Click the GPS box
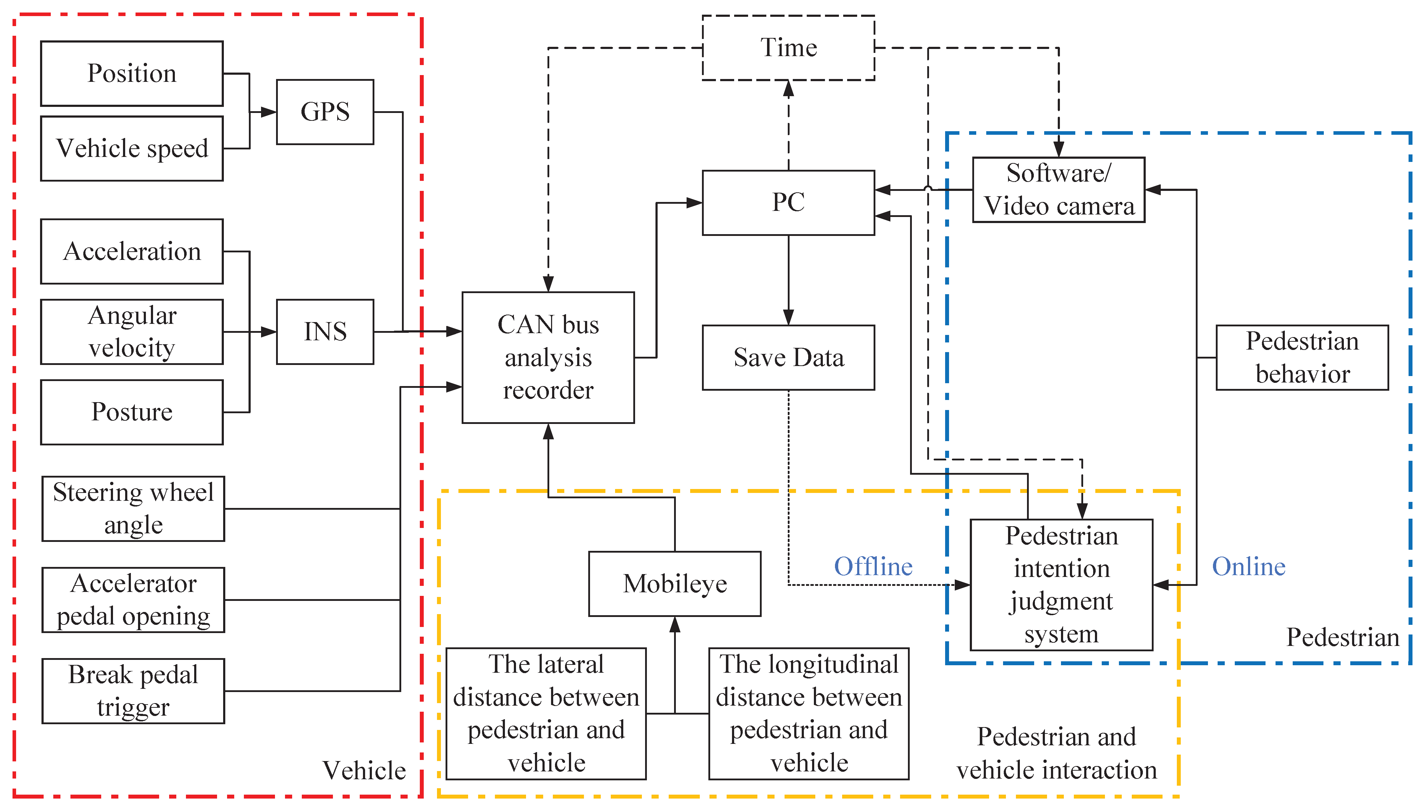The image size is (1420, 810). pos(325,112)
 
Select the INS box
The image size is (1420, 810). pos(325,332)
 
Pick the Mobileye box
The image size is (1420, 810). pos(674,584)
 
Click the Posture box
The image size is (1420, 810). pos(132,412)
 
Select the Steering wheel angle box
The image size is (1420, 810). pos(133,508)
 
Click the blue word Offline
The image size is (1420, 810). pos(873,566)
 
